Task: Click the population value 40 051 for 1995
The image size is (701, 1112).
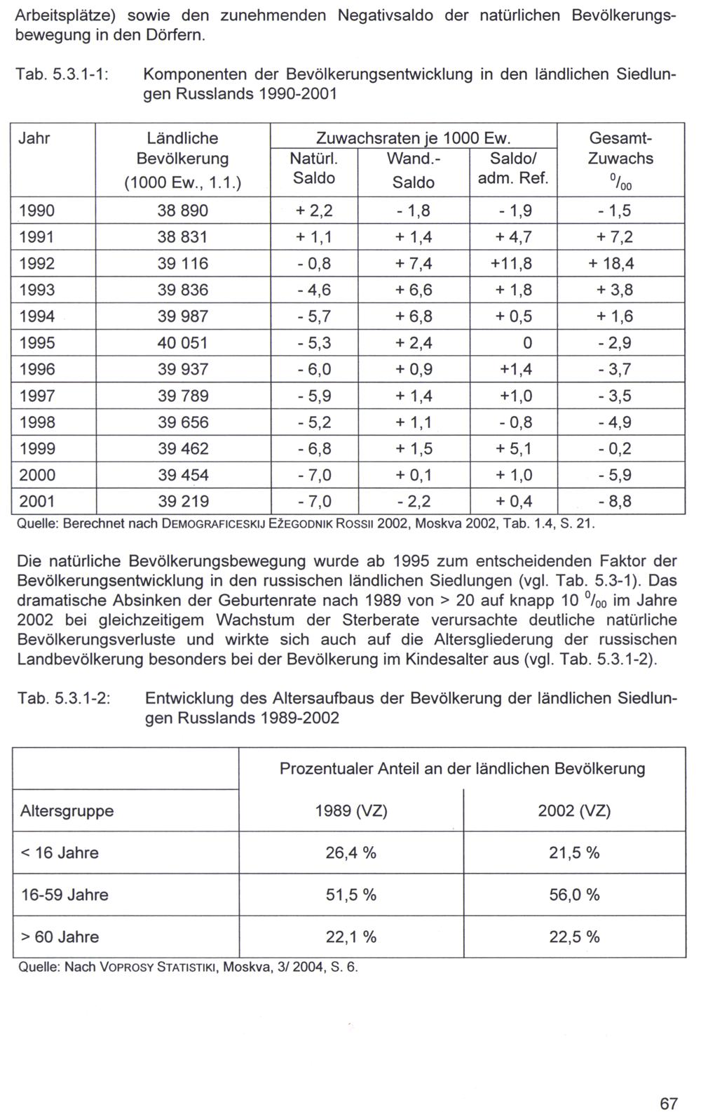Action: pos(183,343)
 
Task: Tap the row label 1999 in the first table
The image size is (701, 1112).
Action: pos(36,449)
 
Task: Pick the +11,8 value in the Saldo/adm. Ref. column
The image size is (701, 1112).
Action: pos(513,264)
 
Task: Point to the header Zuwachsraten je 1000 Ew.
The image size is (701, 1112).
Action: pos(413,138)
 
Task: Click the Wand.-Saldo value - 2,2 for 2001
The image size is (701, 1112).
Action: pos(413,502)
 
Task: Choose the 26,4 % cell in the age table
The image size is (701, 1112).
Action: pos(350,853)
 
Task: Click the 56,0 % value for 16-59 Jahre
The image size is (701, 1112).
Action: pos(574,895)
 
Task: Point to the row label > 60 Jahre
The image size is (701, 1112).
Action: pos(60,937)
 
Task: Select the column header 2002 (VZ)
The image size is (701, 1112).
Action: pos(574,811)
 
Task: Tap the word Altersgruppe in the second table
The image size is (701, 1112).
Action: pos(67,811)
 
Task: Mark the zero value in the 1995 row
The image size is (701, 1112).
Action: pos(527,343)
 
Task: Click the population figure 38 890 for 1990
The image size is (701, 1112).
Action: pos(183,211)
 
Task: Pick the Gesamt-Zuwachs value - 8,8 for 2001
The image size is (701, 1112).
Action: pos(614,502)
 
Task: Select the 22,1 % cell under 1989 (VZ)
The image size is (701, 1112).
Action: pos(350,937)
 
